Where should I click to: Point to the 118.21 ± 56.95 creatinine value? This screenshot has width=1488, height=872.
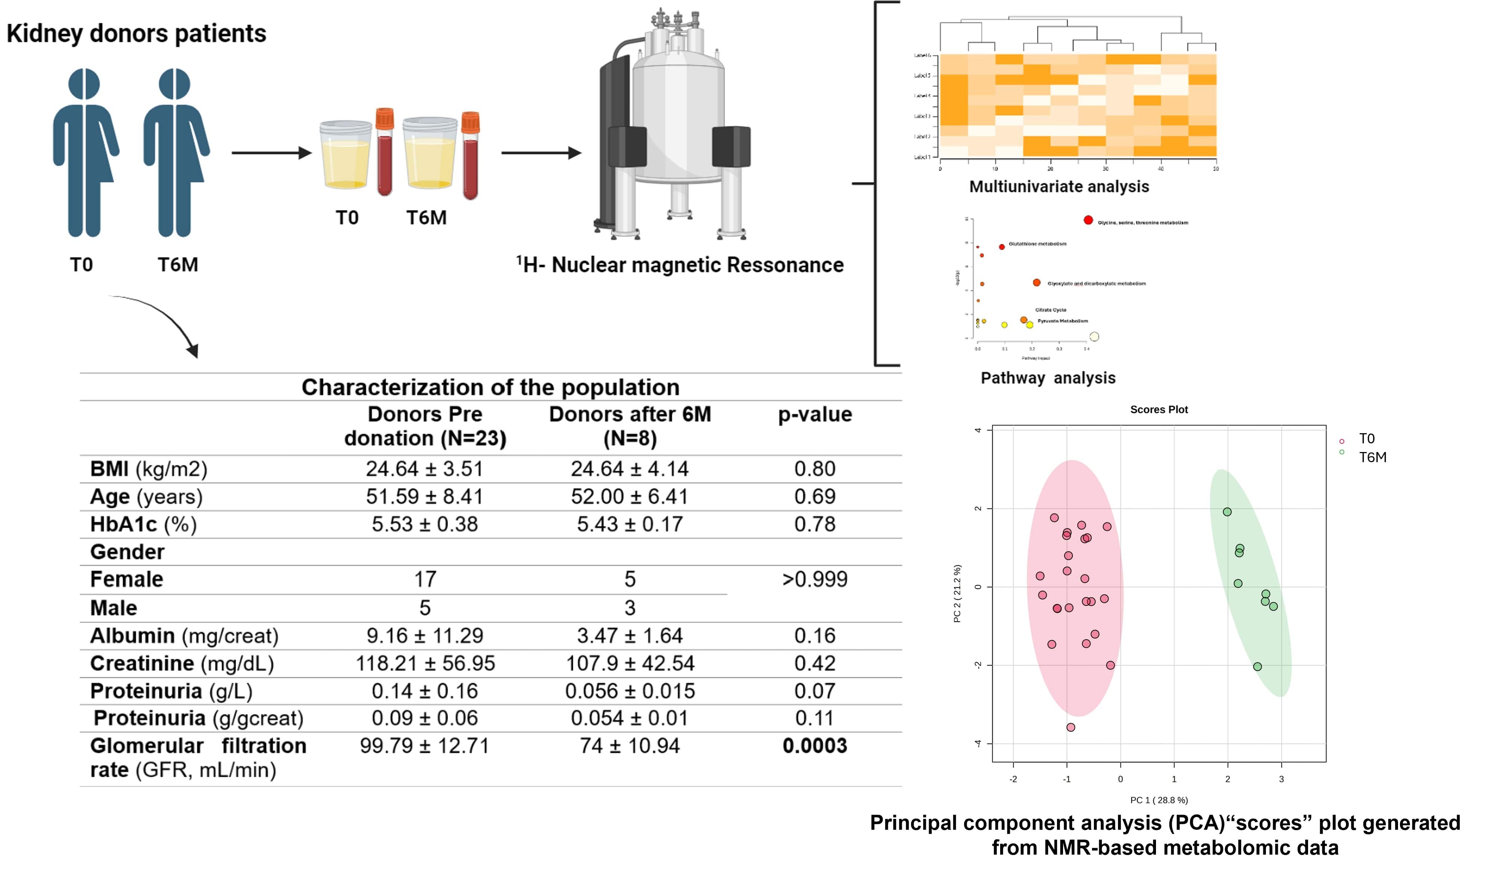[x=425, y=663]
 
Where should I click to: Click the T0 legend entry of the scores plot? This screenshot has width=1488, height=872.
[x=1366, y=439]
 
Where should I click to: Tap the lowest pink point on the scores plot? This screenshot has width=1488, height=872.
[x=1071, y=727]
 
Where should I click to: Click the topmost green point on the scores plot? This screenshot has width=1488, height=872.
[x=1227, y=512]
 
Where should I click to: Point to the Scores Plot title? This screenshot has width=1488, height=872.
[x=1159, y=409]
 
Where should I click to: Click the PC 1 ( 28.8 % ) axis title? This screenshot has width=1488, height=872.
[x=1159, y=800]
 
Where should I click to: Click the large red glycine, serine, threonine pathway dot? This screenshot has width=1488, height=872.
[x=1087, y=220]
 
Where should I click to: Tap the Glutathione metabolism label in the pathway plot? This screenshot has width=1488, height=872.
[x=1037, y=243]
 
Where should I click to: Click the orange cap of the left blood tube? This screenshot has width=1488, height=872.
[x=384, y=119]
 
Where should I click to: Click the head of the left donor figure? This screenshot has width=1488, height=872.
[x=84, y=84]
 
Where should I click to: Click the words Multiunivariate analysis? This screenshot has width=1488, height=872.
[x=1059, y=187]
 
